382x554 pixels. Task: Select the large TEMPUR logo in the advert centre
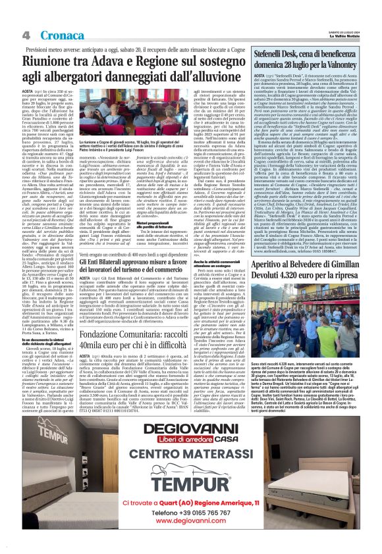click(x=191, y=481)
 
